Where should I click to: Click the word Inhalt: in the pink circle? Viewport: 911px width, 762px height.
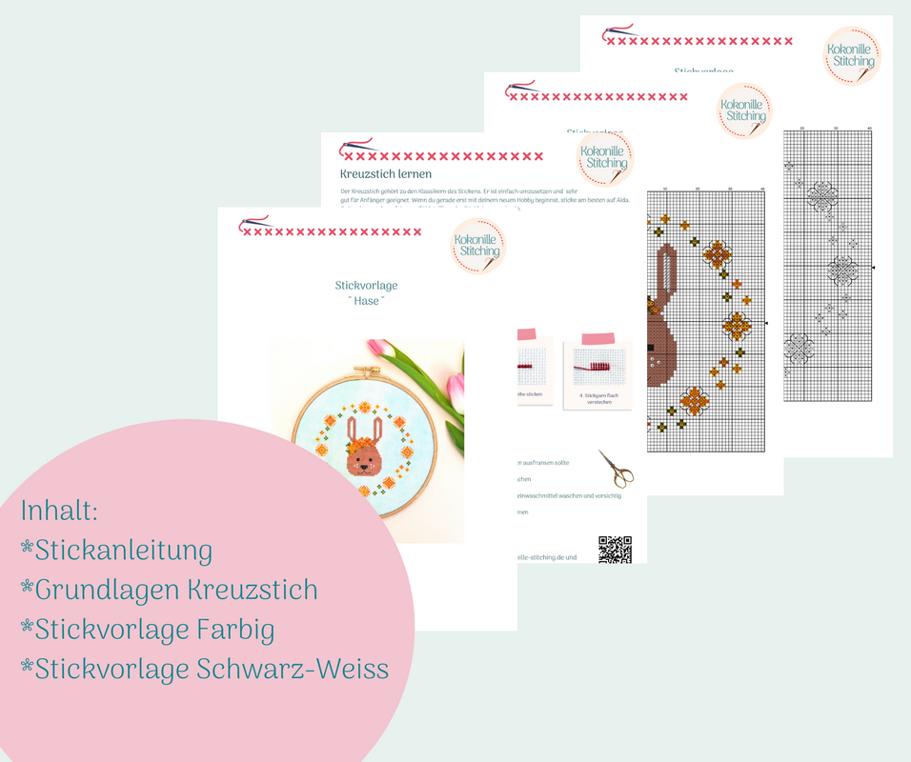pos(59,511)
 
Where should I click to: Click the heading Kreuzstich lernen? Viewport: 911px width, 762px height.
pos(386,174)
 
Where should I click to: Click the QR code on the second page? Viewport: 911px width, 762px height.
pos(615,550)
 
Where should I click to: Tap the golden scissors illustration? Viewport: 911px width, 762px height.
pos(617,468)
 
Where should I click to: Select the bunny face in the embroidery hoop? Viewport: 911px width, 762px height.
pos(366,459)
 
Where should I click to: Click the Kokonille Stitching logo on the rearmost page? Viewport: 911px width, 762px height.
pos(852,55)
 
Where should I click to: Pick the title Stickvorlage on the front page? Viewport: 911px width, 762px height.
pos(366,285)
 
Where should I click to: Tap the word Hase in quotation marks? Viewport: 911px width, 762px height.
pos(367,300)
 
